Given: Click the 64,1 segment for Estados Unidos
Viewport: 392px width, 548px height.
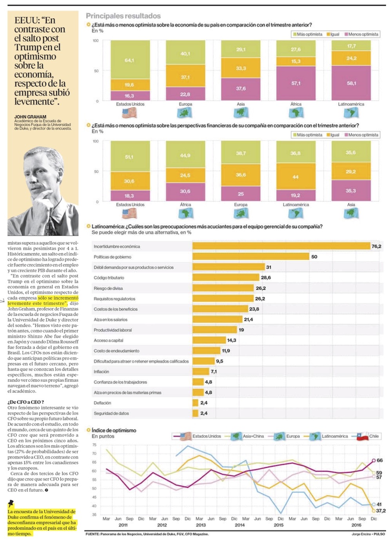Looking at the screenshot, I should (130, 60).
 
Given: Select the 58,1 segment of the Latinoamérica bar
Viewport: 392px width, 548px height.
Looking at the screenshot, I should (351, 83).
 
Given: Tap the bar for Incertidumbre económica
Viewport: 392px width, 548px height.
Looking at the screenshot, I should (281, 246).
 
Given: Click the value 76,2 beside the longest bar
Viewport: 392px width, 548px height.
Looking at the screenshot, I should (376, 246).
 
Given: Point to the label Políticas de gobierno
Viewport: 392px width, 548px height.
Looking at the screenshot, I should (113, 257).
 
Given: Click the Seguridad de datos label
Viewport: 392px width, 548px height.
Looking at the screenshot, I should (111, 413).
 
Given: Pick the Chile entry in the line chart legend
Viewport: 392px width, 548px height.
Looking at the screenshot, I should (374, 436).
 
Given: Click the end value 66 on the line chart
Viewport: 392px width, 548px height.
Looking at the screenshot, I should (379, 460).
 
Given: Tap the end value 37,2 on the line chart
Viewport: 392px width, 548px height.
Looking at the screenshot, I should (381, 511).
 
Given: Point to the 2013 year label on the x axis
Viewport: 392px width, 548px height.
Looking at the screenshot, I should (201, 525).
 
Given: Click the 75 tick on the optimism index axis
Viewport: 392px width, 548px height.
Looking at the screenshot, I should (94, 445).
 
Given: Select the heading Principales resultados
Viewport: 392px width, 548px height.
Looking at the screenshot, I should (123, 16).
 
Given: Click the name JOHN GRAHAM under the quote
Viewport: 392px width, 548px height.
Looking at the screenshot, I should (30, 117).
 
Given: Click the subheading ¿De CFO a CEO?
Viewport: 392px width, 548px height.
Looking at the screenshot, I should (25, 402).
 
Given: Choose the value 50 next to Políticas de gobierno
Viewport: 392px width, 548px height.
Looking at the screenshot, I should (314, 257).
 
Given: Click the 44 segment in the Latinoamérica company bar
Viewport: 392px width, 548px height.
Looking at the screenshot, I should (296, 177).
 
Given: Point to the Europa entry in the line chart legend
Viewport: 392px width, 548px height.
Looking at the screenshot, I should (292, 436).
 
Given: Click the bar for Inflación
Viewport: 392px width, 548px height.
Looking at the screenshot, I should (201, 371).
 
